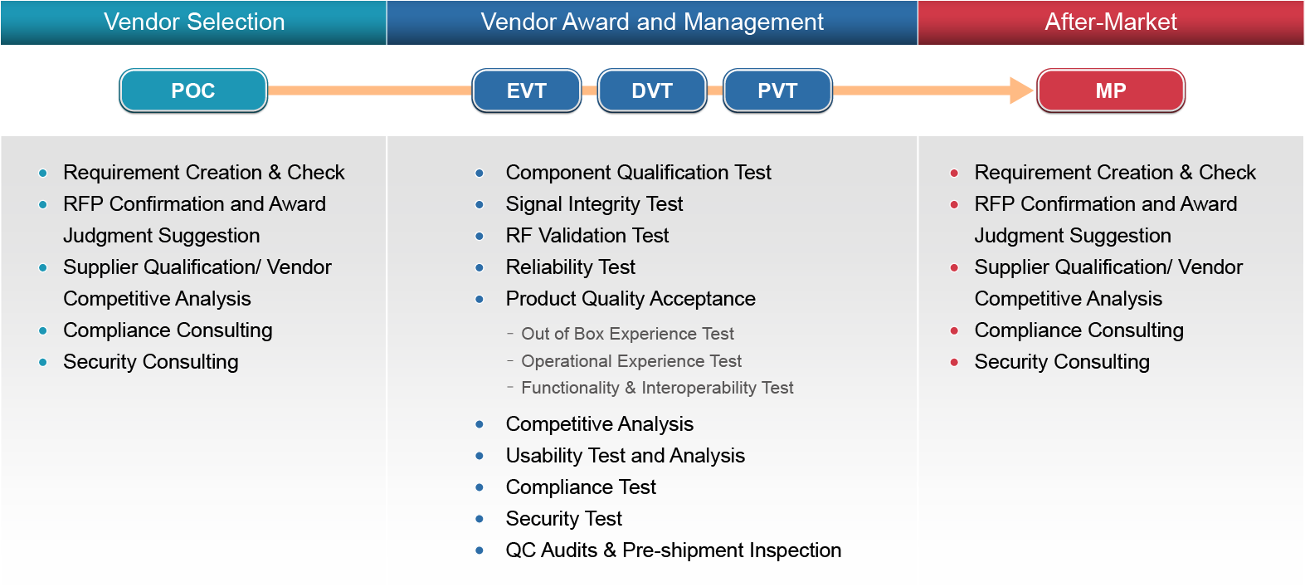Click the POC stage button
(193, 90)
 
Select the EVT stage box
(527, 90)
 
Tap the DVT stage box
(652, 90)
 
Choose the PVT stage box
(777, 90)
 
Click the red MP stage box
(1111, 90)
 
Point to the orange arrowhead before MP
(1021, 90)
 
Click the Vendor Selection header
(193, 22)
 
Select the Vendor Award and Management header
(652, 22)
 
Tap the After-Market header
(1111, 22)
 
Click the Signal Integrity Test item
(594, 204)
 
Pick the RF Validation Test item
(587, 236)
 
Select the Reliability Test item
(570, 267)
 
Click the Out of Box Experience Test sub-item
(627, 334)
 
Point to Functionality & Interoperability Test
(657, 388)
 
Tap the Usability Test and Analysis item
(625, 455)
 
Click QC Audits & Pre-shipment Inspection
(674, 550)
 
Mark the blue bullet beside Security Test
(480, 519)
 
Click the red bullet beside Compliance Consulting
(954, 330)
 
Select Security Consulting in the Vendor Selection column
(151, 362)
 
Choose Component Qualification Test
(639, 173)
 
